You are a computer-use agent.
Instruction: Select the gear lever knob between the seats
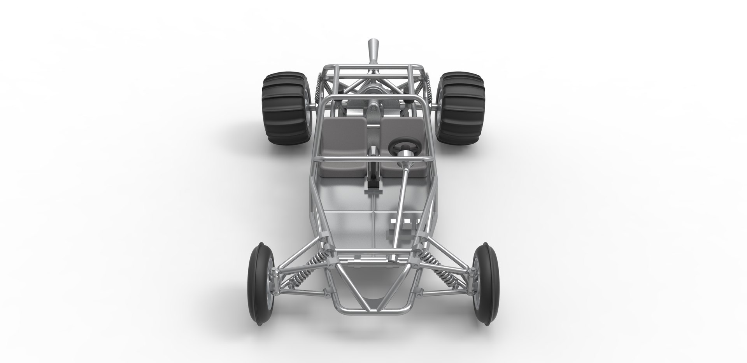pos(373,150)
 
